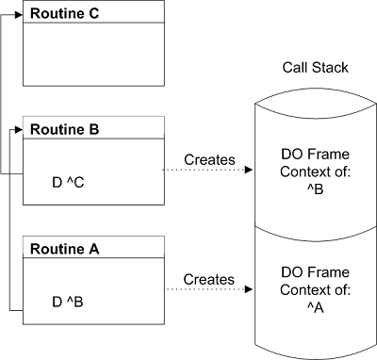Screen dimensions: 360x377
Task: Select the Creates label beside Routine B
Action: point(208,159)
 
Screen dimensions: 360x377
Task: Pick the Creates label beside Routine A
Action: point(208,280)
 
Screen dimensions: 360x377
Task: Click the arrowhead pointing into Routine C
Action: point(20,13)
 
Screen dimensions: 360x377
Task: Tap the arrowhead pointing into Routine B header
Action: point(20,129)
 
